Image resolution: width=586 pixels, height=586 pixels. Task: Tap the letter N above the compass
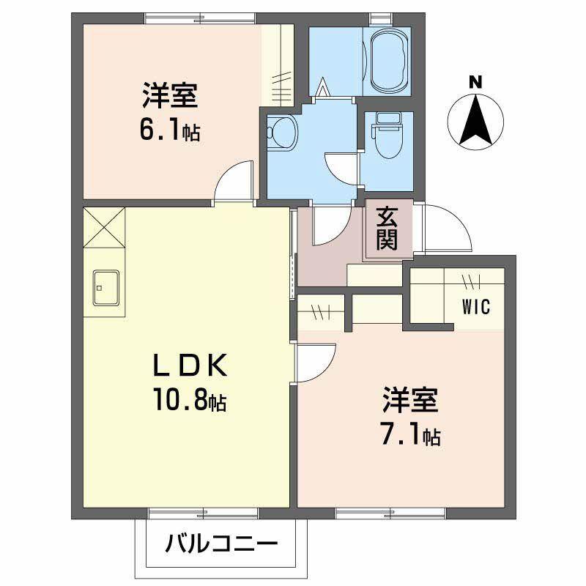(x=475, y=82)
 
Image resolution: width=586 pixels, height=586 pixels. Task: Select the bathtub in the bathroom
(x=387, y=62)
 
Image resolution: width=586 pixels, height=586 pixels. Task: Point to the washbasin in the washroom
(x=281, y=133)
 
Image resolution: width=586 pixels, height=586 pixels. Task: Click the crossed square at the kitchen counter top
(x=104, y=229)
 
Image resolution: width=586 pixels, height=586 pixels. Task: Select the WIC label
(x=475, y=306)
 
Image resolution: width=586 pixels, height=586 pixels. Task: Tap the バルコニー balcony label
(x=220, y=545)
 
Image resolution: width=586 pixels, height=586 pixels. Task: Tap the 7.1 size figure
(x=401, y=434)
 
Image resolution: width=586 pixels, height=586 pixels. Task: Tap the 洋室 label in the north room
(x=170, y=96)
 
